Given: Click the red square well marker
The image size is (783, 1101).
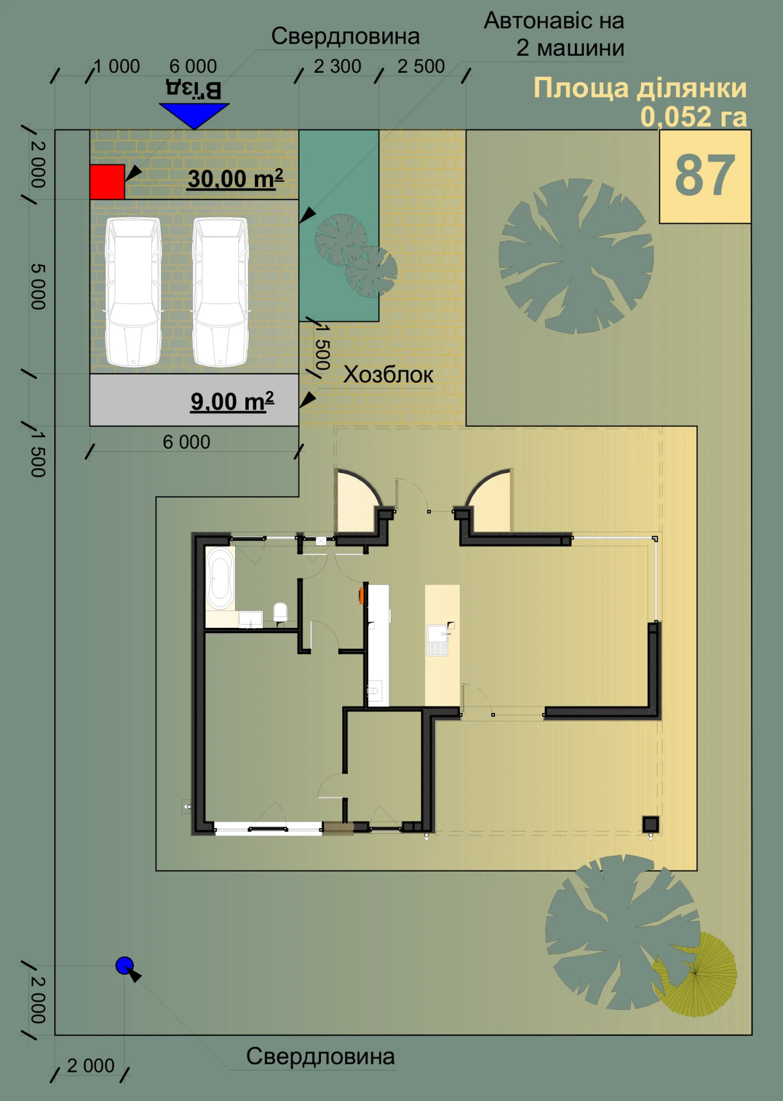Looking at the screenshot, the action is pos(107,182).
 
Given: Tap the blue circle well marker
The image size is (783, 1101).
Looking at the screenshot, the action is pos(124,966).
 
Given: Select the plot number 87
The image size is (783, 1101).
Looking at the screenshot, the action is pos(705,175).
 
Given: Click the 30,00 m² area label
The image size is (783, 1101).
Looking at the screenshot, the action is pos(236,179).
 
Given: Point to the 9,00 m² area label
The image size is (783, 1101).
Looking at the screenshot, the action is pos(232,401).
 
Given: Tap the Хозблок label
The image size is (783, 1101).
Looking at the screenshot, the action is pos(388,375).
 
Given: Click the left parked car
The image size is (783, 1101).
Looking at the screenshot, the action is pos(134,292).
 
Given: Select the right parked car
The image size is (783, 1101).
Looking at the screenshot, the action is pos(221,292).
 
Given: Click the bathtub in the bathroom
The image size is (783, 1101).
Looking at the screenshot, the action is pos(220,579).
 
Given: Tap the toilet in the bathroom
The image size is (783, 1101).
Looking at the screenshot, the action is pos(280,612).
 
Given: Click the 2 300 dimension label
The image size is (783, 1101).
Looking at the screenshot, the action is pos(338,67).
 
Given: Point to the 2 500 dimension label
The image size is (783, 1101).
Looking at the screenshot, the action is pos(421,67).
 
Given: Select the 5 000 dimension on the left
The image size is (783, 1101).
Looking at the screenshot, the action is pos(38,287).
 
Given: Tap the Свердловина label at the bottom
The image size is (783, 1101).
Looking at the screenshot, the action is pos(320,1056).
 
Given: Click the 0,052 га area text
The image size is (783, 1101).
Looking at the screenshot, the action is pos(694,117).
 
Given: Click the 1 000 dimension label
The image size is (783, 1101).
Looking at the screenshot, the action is pos(117,67).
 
